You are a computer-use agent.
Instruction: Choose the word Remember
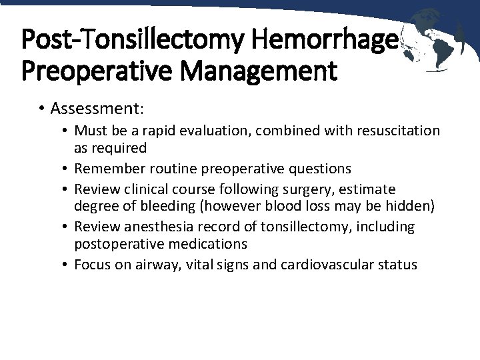[x=106, y=169]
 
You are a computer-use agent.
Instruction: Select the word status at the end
[x=399, y=265]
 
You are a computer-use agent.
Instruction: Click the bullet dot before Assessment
[x=41, y=109]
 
